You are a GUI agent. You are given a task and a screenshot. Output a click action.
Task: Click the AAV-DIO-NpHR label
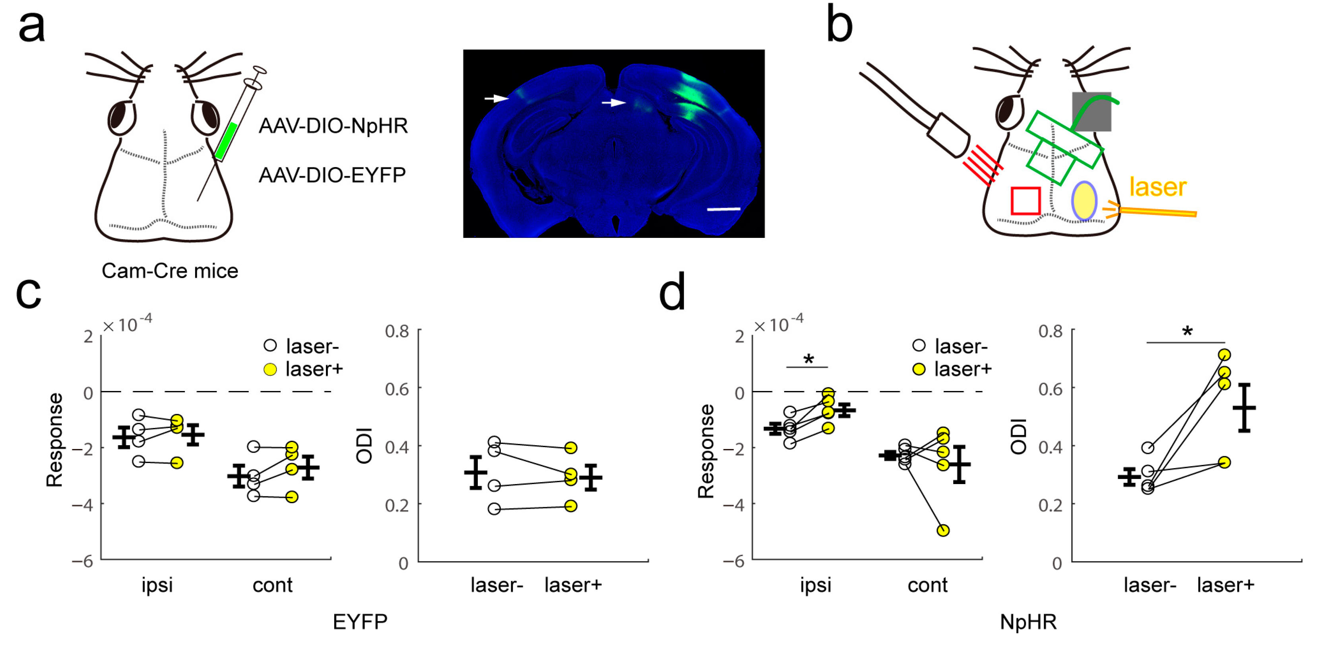(x=333, y=126)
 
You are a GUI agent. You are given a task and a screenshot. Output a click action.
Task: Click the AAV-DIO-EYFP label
(x=332, y=175)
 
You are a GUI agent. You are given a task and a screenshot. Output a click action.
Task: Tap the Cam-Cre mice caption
(x=170, y=270)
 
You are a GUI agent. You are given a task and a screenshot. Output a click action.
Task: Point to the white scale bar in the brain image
(x=723, y=209)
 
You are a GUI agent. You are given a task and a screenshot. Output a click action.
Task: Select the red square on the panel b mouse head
(x=1025, y=201)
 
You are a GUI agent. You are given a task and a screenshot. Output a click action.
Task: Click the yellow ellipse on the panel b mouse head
(x=1084, y=201)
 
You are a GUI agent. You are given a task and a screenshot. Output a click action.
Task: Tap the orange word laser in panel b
(x=1158, y=187)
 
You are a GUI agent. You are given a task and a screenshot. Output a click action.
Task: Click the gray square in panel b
(x=1091, y=111)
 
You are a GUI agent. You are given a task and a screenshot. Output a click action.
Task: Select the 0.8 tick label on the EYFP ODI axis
(x=397, y=331)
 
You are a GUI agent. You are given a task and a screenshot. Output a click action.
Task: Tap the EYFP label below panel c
(x=360, y=622)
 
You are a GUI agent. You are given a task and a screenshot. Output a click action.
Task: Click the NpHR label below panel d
(x=1028, y=622)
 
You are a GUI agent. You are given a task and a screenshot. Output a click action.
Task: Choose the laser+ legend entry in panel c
(x=303, y=369)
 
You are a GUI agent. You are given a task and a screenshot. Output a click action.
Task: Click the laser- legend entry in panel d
(x=950, y=346)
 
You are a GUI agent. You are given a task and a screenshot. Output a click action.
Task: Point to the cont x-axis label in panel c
(x=273, y=585)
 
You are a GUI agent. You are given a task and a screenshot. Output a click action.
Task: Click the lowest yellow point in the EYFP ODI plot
(x=571, y=506)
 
